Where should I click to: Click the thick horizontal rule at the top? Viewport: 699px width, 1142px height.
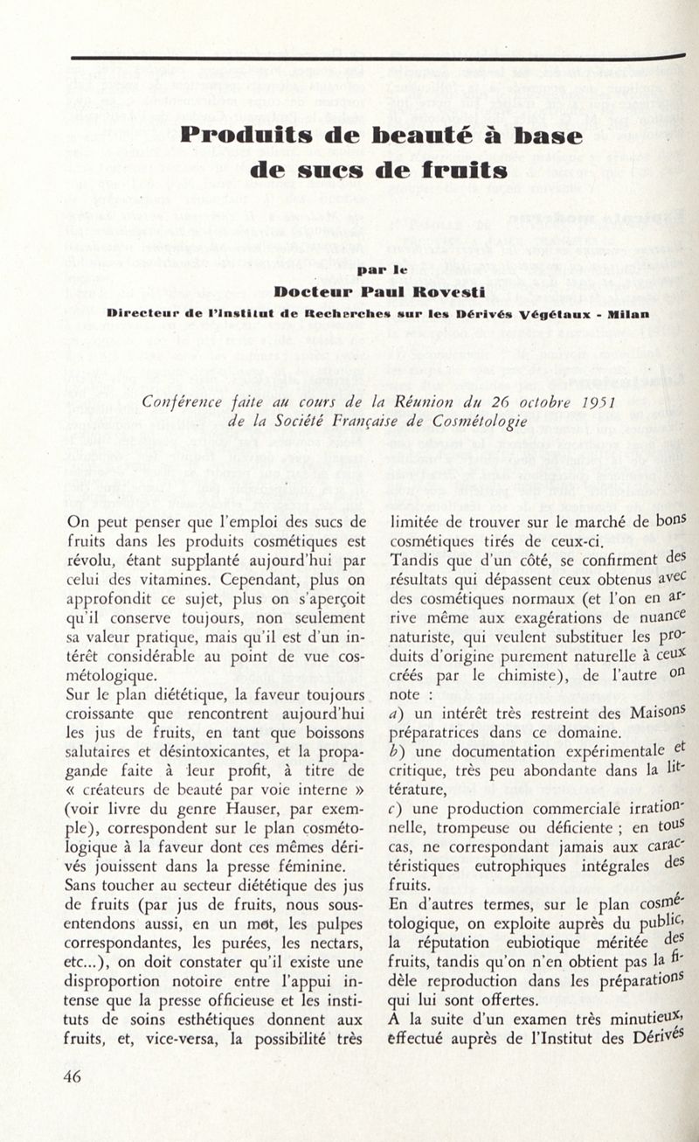[x=376, y=58]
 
